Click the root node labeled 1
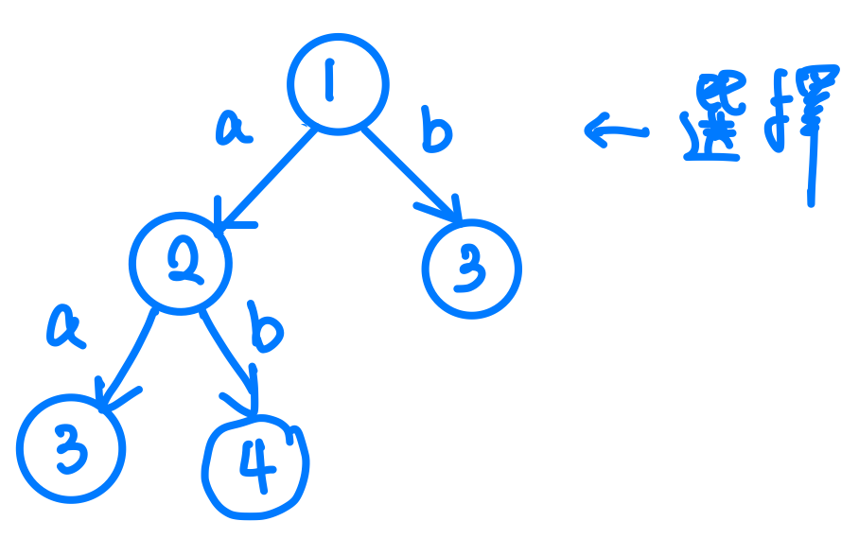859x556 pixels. pos(338,83)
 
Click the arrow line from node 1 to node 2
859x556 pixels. pos(270,176)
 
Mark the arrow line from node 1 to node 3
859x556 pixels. pos(407,170)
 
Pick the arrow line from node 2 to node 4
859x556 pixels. pos(231,346)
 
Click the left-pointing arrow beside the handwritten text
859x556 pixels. pos(615,130)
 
